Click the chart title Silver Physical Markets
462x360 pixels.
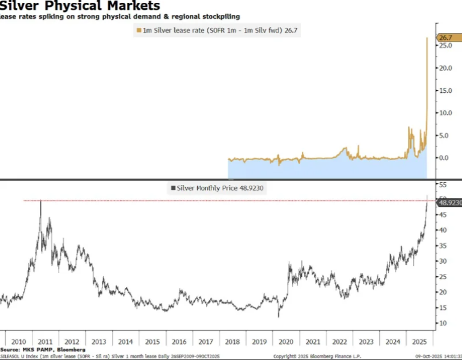pos(80,6)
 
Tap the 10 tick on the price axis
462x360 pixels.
pos(442,323)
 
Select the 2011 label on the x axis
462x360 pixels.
pos(45,342)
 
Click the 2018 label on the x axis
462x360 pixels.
pos(232,342)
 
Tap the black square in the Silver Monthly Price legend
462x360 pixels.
pos(172,187)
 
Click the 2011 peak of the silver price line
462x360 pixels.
pos(40,201)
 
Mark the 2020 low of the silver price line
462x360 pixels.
pos(279,316)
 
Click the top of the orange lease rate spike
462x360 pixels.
pos(427,38)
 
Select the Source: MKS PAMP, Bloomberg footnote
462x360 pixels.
pos(43,349)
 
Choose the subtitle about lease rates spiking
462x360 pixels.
pos(120,17)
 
